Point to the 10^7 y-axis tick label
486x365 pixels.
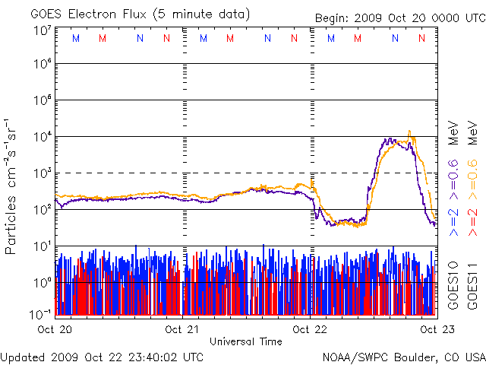click(x=42, y=30)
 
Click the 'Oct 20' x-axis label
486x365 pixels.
click(x=54, y=329)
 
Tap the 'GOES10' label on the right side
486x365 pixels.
click(x=453, y=283)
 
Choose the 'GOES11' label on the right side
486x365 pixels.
click(x=472, y=283)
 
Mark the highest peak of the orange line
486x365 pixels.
click(x=410, y=131)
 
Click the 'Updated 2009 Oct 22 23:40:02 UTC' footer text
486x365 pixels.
click(x=102, y=356)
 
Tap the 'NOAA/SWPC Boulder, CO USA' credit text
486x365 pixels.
click(x=403, y=356)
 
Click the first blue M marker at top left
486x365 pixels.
click(x=75, y=37)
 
